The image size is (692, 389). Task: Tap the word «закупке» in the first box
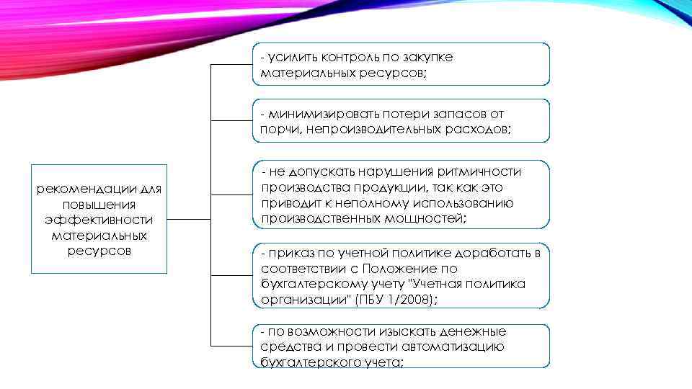(x=427, y=57)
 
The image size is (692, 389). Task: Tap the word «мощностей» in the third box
(x=425, y=218)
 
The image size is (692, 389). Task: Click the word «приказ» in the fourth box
(x=288, y=253)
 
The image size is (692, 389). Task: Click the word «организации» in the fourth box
(x=298, y=300)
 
